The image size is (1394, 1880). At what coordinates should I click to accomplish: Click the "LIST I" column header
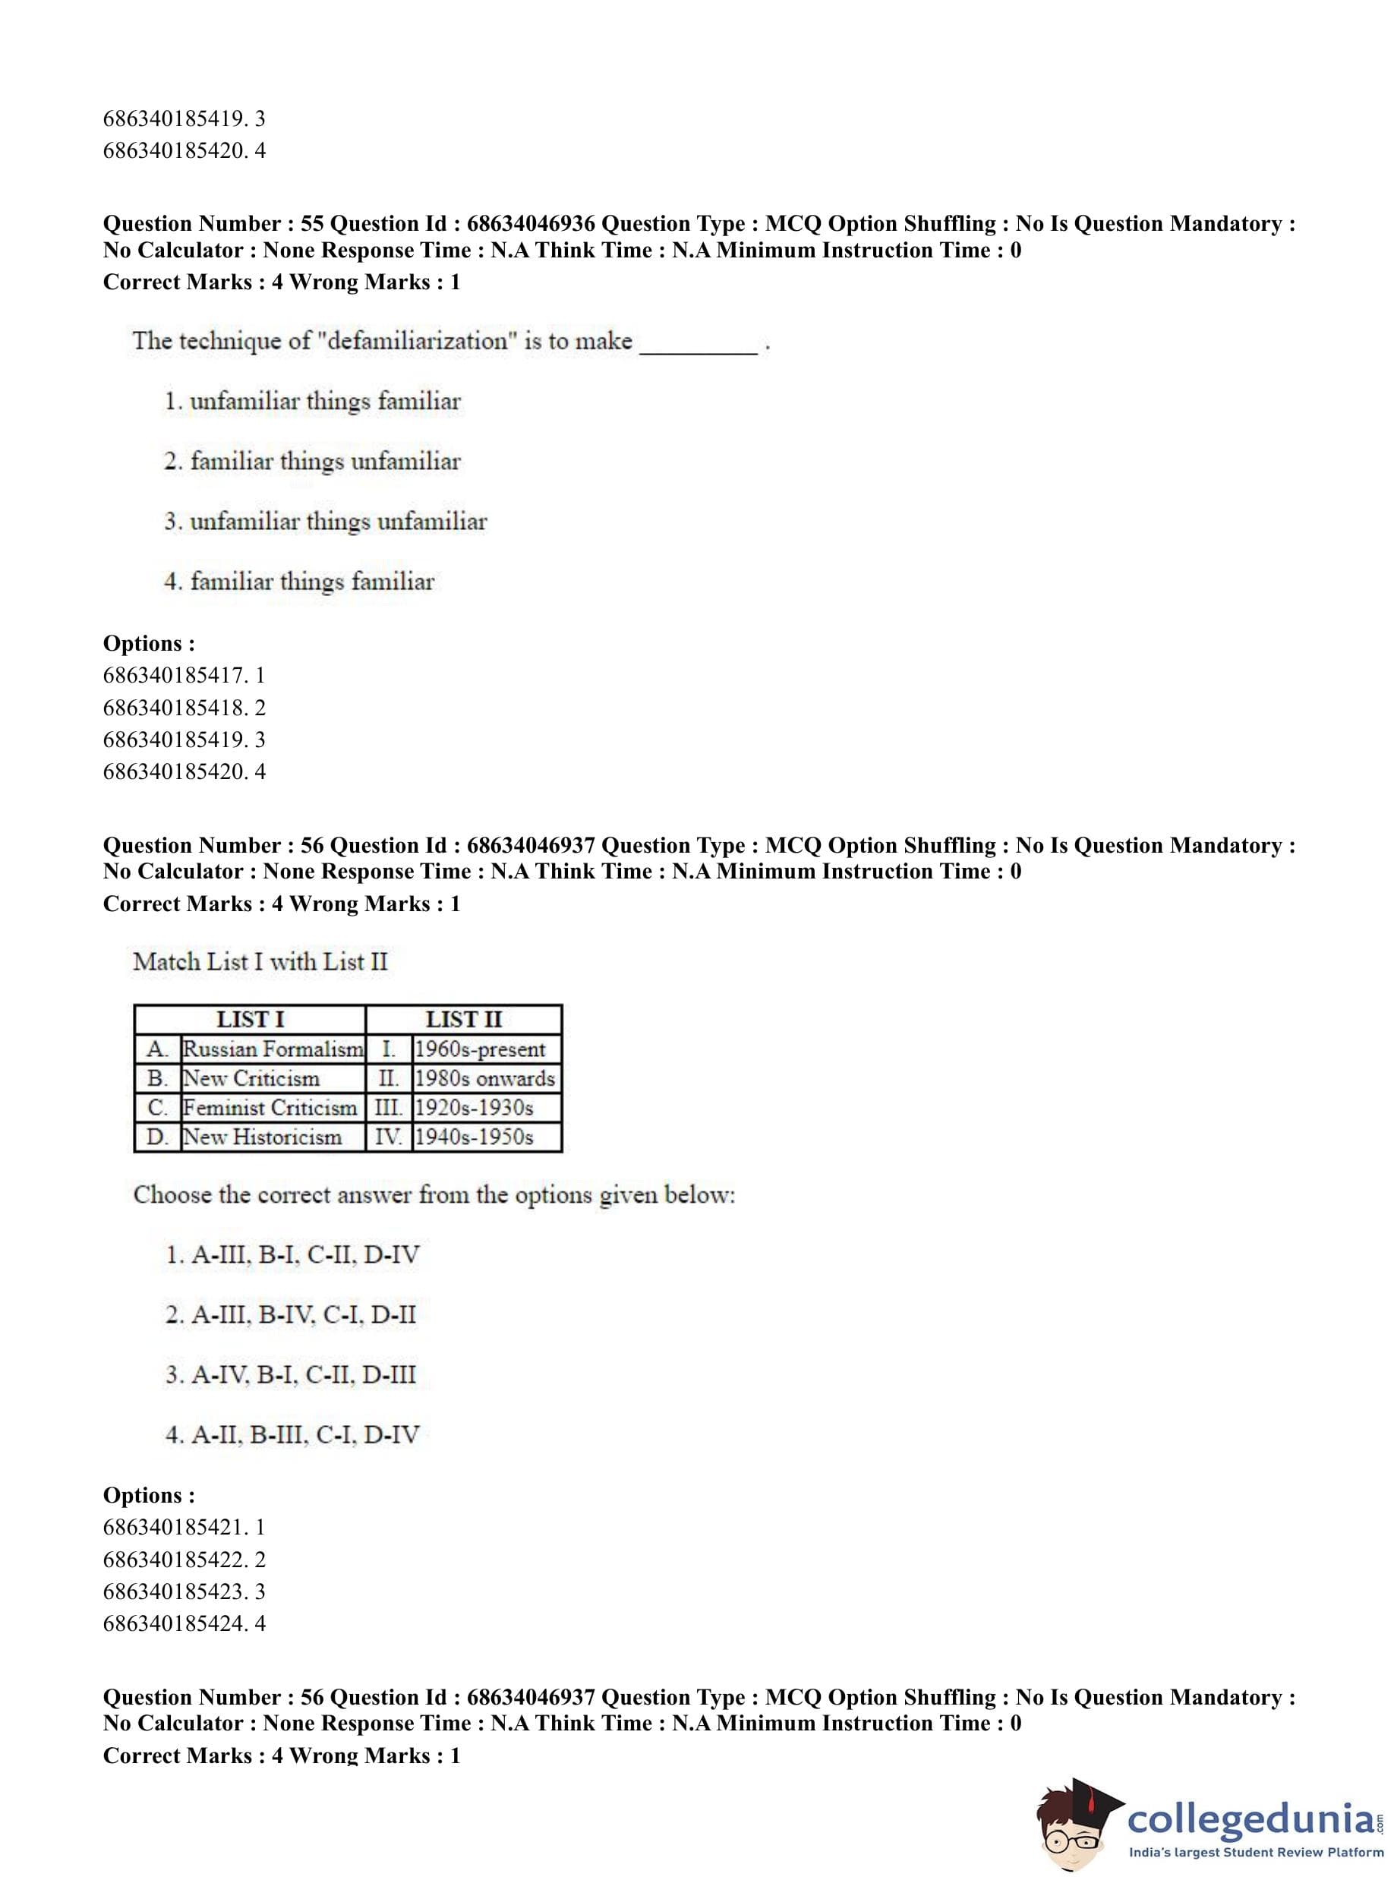pos(250,1019)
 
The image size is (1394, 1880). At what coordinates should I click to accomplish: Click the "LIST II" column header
pos(463,1019)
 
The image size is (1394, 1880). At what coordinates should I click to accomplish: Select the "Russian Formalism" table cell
pos(273,1049)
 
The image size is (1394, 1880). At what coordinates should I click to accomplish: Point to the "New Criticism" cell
pos(251,1078)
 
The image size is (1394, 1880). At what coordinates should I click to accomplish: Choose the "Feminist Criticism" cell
pos(270,1107)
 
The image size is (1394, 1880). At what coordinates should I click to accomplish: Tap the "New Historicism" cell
pos(263,1137)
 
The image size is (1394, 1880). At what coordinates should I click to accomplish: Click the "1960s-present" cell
pos(480,1049)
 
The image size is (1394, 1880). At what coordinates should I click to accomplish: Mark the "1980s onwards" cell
pos(484,1078)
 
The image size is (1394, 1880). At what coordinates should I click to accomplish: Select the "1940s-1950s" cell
pos(475,1137)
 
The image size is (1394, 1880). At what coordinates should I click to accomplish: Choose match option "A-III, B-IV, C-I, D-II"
pos(303,1314)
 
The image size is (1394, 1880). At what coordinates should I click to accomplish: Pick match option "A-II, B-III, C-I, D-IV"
pos(304,1434)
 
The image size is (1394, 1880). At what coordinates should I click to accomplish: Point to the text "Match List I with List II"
pos(260,962)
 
